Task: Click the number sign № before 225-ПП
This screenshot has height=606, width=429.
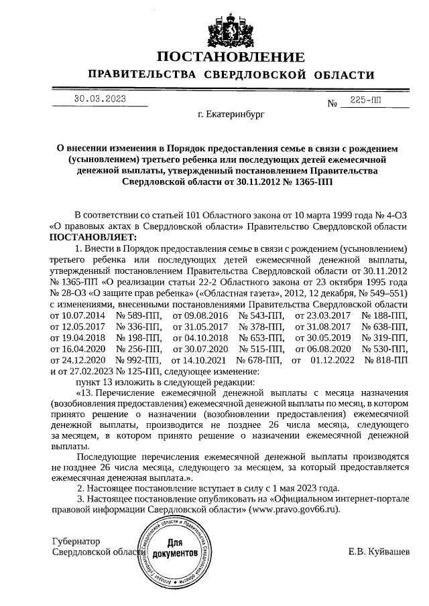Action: (x=331, y=104)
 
